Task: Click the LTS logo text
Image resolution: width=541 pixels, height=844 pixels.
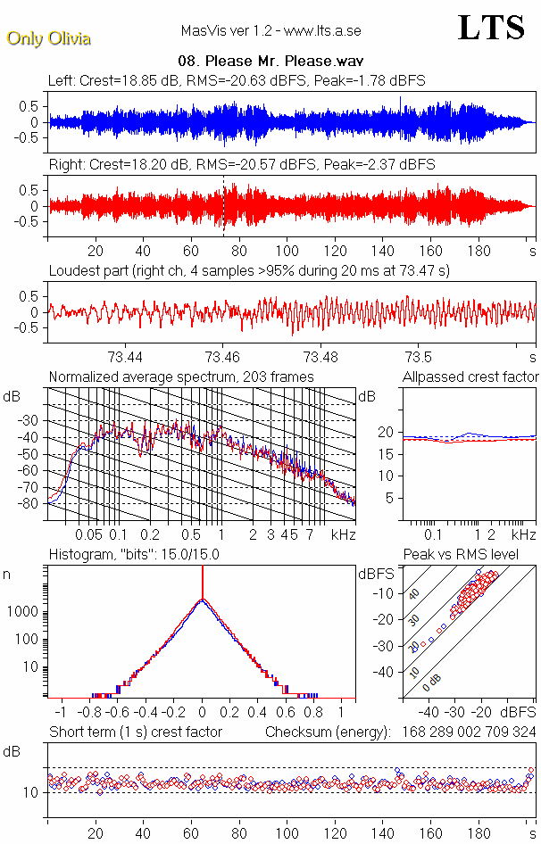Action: point(490,28)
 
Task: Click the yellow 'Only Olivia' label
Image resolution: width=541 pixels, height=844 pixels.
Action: point(48,38)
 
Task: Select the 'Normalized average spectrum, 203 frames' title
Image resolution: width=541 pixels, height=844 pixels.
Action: point(181,376)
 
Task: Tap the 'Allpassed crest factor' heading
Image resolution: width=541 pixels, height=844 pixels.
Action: point(470,376)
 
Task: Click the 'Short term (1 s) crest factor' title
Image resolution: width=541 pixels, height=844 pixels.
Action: point(135,732)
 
